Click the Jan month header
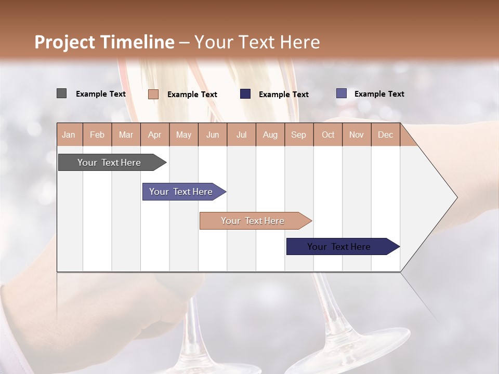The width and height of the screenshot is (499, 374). pyautogui.click(x=69, y=135)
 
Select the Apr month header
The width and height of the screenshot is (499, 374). pyautogui.click(x=155, y=135)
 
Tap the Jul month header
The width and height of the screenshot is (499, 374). pyautogui.click(x=241, y=135)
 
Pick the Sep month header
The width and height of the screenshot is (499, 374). pyautogui.click(x=299, y=135)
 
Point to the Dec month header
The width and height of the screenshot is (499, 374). pyautogui.click(x=385, y=135)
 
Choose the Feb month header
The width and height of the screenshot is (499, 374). pyautogui.click(x=97, y=135)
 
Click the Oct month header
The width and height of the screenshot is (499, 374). pyautogui.click(x=328, y=135)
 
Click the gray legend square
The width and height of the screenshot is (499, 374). pyautogui.click(x=61, y=94)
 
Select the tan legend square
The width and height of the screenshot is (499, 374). pyautogui.click(x=153, y=94)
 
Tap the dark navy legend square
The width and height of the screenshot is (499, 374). pyautogui.click(x=245, y=94)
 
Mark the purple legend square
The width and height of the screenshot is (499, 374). pyautogui.click(x=341, y=94)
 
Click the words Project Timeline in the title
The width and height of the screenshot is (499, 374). pyautogui.click(x=104, y=42)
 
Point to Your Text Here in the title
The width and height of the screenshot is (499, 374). pyautogui.click(x=257, y=42)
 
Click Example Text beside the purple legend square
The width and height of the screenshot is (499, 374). pyautogui.click(x=379, y=94)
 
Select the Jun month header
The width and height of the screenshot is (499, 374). pyautogui.click(x=213, y=135)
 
